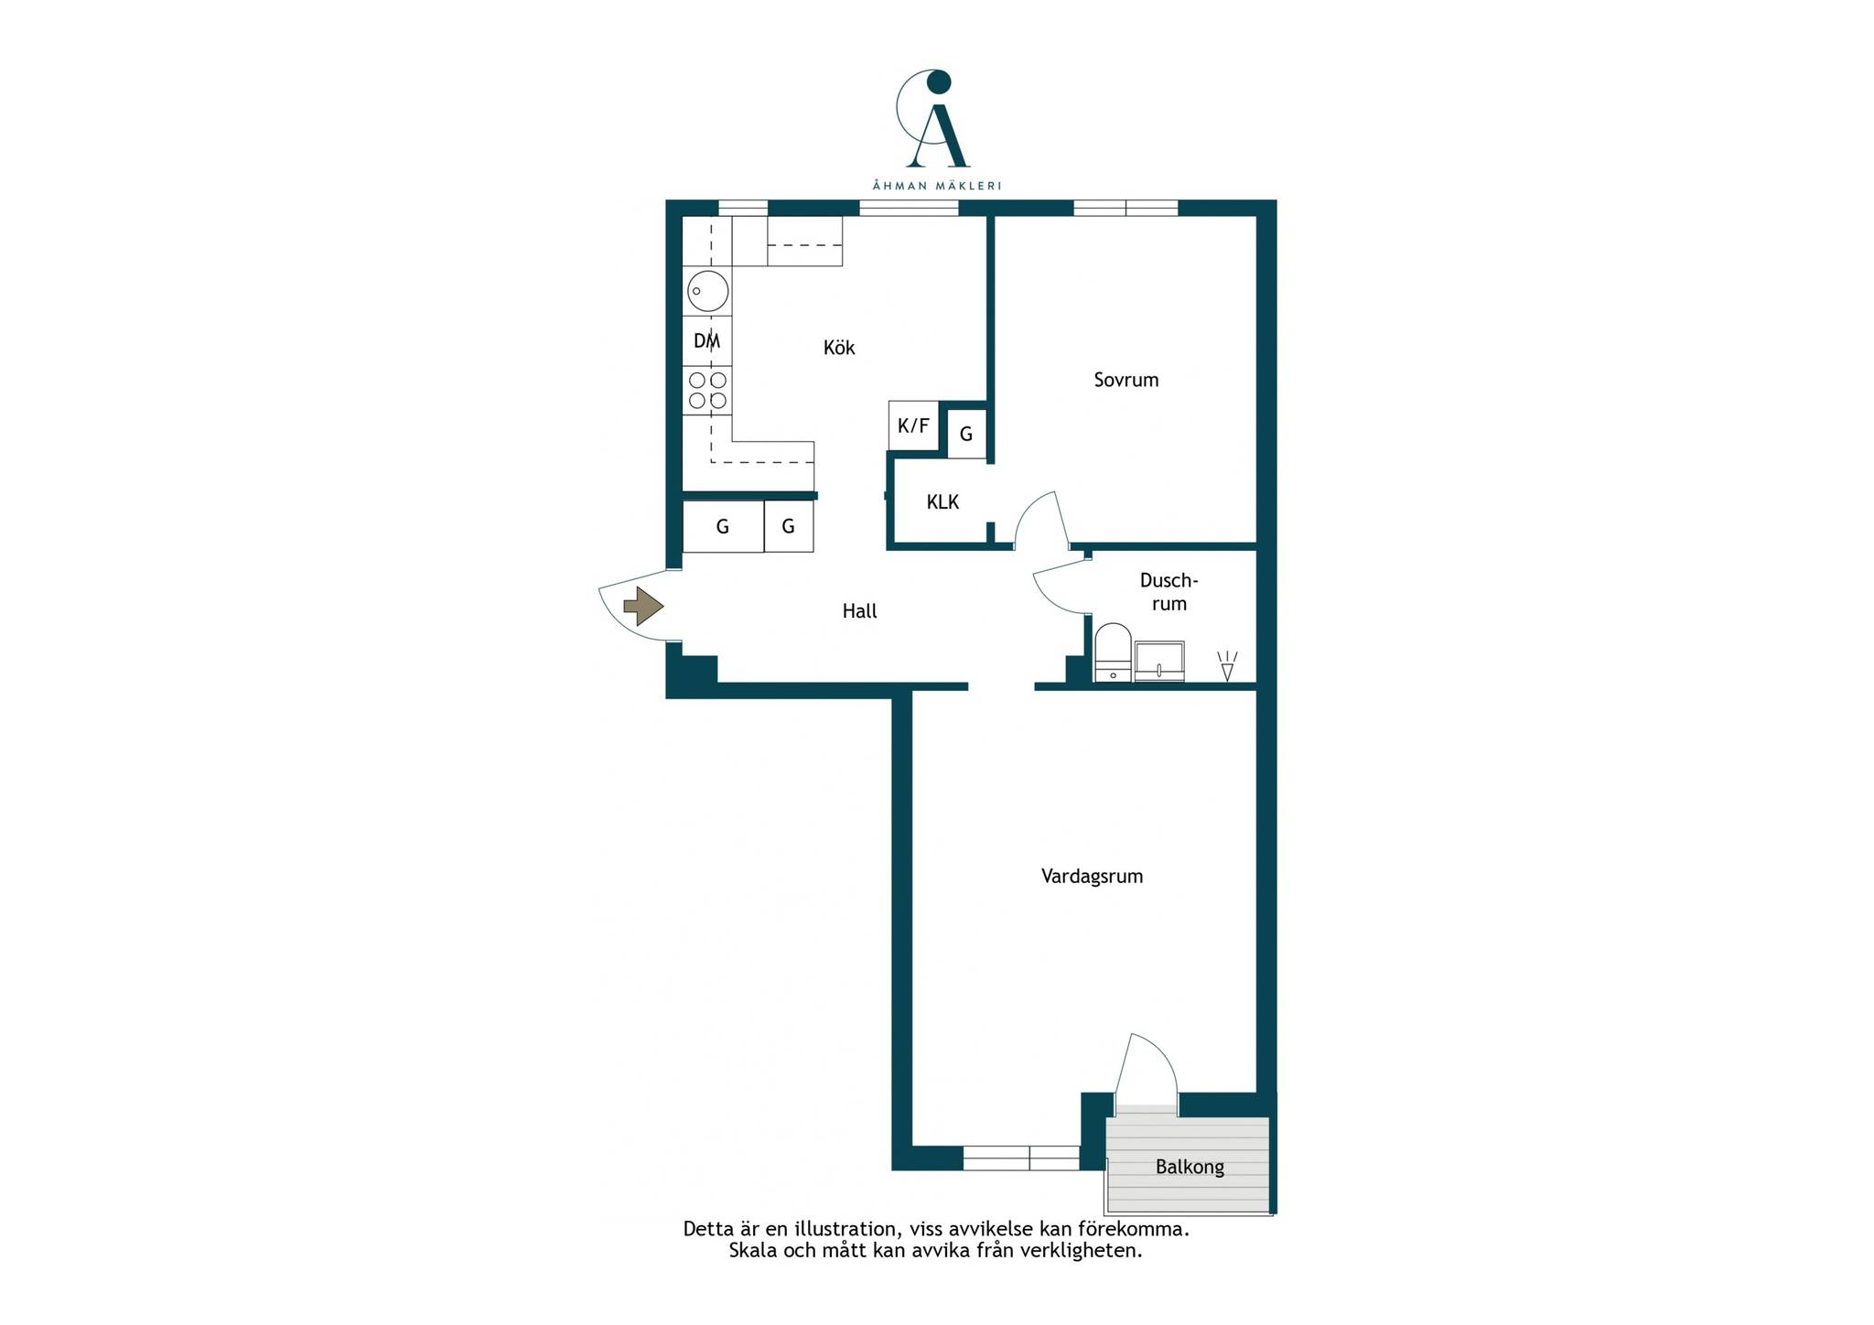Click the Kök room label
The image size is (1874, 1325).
pos(839,348)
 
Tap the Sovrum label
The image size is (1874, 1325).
pos(1126,380)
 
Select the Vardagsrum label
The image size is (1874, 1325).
pos(1092,877)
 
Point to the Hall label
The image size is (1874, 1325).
pos(859,611)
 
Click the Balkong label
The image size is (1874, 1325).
pos(1190,1168)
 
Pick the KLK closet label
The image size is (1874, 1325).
pos(942,502)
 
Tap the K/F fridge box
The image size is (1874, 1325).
pos(913,426)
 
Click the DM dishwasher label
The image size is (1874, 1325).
pos(706,341)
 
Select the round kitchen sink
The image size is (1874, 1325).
pos(707,292)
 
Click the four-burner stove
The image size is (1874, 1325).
pos(707,391)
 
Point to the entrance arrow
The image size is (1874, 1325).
pos(643,606)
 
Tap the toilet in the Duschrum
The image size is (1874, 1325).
pos(1113,652)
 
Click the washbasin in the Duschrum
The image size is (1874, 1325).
pos(1159,661)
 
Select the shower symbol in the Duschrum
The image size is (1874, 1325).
pos(1227,666)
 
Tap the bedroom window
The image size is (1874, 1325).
pos(1125,208)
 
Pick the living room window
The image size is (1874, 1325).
pos(1021,1158)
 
